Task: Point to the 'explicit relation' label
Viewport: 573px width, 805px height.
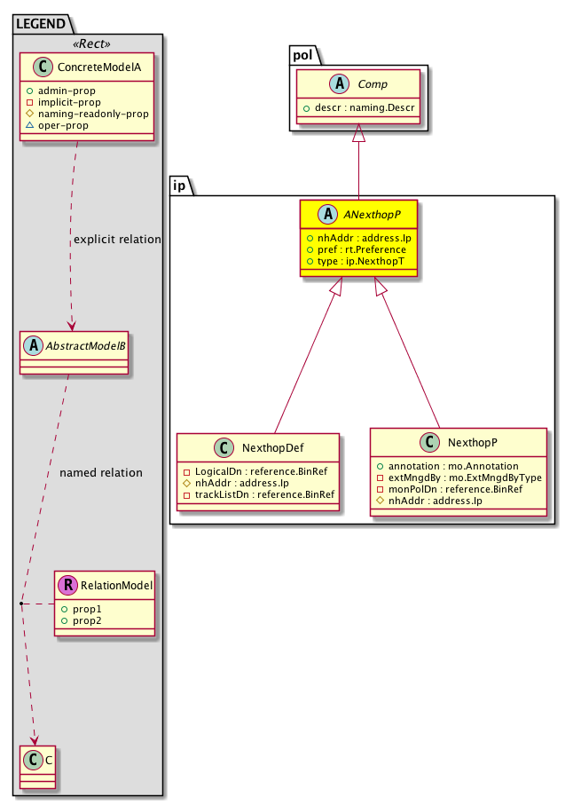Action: pos(118,239)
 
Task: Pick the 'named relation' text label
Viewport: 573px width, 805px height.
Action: pos(101,472)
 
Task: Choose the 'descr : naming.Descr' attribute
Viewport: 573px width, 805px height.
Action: pos(359,107)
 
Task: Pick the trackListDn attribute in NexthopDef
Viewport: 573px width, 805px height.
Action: pos(258,493)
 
